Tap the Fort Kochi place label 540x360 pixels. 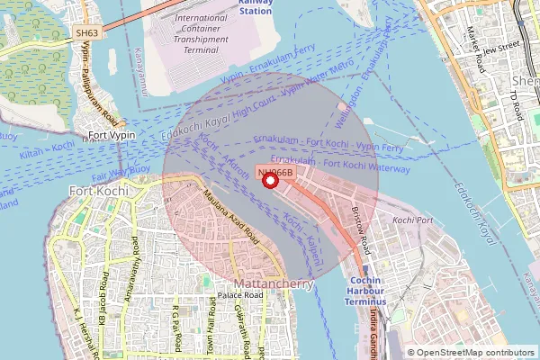(93, 191)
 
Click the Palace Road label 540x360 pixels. (239, 295)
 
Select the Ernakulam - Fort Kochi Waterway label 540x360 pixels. (341, 165)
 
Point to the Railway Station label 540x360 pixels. (256, 7)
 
